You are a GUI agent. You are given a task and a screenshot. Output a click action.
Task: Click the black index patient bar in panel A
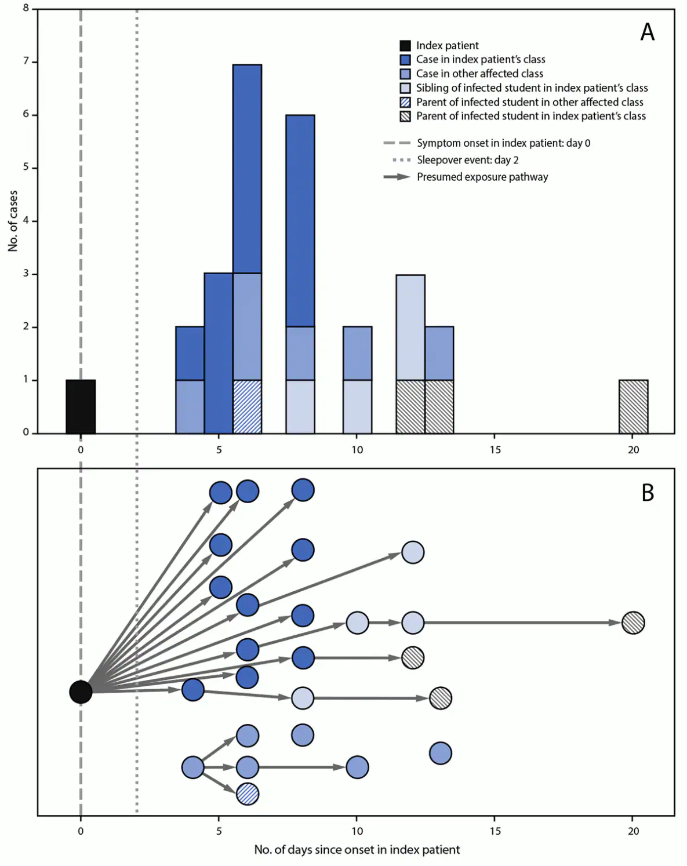tap(81, 406)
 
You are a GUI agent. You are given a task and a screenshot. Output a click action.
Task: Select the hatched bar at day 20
tap(633, 406)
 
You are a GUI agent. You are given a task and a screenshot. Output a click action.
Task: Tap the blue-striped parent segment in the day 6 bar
tap(248, 406)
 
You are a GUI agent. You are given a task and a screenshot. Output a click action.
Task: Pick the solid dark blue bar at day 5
tap(219, 352)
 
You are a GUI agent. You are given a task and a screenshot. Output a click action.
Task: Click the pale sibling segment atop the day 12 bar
tap(410, 328)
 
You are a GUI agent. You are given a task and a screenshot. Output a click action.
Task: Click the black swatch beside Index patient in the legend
tap(405, 45)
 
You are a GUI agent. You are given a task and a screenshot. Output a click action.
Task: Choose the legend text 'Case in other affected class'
tap(479, 74)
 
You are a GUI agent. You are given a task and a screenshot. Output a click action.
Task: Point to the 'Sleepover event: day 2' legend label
tap(467, 160)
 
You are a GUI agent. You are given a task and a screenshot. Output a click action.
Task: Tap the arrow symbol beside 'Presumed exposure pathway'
tap(397, 177)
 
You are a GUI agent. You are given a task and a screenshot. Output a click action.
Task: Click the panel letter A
tap(647, 32)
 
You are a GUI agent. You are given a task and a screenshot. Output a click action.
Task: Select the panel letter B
tap(648, 493)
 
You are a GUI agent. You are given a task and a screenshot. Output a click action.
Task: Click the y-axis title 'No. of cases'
tap(13, 221)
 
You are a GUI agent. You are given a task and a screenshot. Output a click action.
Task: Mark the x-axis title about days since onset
tap(357, 850)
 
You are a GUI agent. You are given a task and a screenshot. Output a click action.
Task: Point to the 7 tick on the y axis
tap(26, 61)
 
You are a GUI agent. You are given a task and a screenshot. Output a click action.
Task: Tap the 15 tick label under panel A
tap(495, 450)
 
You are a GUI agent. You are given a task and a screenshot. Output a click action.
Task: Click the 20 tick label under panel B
tap(633, 831)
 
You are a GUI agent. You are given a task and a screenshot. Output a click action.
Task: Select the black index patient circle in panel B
tap(81, 692)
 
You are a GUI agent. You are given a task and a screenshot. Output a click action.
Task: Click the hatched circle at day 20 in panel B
tap(633, 623)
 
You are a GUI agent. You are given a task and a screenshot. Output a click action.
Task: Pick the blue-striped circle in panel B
tap(248, 794)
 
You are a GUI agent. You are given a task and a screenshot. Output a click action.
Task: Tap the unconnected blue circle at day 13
tap(441, 753)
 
